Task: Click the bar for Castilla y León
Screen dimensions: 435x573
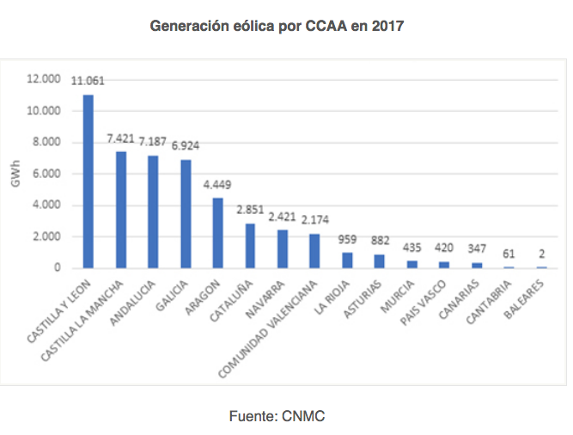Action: pos(88,181)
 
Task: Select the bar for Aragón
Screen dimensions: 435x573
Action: pos(217,233)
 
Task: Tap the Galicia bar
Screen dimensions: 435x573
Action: pos(185,214)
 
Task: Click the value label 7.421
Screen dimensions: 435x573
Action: pos(121,138)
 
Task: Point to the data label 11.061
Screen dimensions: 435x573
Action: pos(89,82)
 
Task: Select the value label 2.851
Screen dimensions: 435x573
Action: pos(250,210)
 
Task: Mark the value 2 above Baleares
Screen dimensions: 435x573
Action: pos(542,254)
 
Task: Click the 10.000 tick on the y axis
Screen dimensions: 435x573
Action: pos(44,111)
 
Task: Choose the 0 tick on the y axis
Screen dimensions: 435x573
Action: pos(58,268)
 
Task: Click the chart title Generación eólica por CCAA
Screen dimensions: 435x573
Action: pos(277,27)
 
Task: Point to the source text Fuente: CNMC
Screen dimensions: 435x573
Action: pos(277,416)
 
